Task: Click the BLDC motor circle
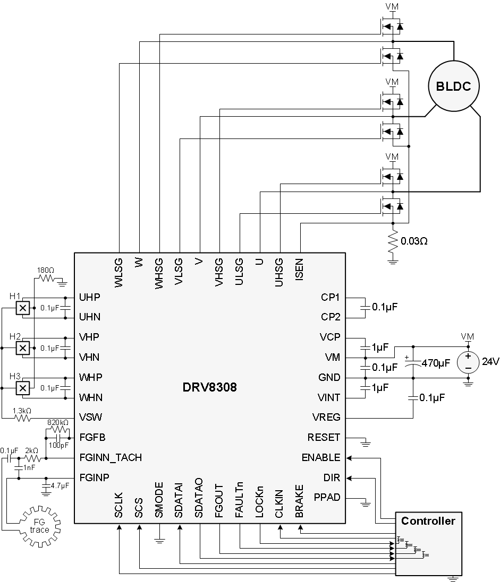(454, 86)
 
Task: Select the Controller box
(428, 543)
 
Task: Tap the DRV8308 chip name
(209, 388)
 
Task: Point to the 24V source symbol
(468, 362)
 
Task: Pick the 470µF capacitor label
(436, 363)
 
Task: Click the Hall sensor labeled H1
(22, 308)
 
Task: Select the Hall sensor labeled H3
(22, 389)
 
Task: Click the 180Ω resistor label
(46, 270)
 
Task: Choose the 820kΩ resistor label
(57, 422)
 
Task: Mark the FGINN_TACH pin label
(111, 457)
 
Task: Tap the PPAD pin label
(327, 498)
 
